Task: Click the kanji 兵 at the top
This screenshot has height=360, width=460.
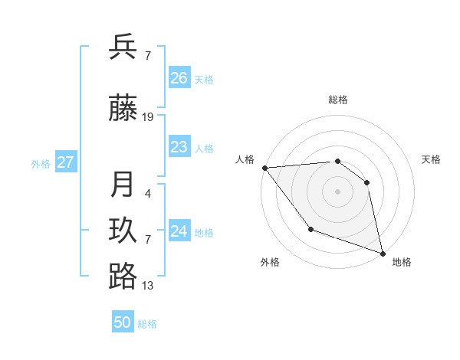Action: tap(123, 47)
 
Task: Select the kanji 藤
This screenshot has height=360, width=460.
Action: tap(123, 108)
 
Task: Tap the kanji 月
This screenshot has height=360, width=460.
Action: tap(123, 185)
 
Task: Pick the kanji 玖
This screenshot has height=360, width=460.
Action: tap(123, 231)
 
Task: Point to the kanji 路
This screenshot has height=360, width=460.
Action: tap(123, 277)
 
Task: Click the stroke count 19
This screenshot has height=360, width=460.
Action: tap(148, 117)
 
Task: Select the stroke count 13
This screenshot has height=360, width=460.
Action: tap(148, 286)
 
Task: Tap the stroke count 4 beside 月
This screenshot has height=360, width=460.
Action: tap(148, 194)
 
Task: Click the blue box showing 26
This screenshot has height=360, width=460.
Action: tap(179, 77)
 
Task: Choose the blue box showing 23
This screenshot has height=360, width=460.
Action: tap(179, 147)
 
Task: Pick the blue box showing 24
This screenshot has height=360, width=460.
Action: tap(179, 231)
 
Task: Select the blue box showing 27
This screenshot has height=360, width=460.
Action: tap(66, 162)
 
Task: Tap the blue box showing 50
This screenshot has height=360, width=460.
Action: tap(123, 322)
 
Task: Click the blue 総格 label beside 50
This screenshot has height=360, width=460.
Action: tap(147, 324)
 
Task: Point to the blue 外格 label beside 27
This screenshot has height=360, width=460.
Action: tap(41, 163)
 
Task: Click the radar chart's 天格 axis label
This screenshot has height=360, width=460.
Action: tap(432, 159)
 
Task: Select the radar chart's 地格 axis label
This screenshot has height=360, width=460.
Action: tap(402, 262)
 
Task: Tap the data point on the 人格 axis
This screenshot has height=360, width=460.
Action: tap(264, 168)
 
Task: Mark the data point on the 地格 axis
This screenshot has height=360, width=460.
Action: tap(381, 252)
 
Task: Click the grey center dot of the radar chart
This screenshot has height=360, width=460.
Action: tap(337, 191)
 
